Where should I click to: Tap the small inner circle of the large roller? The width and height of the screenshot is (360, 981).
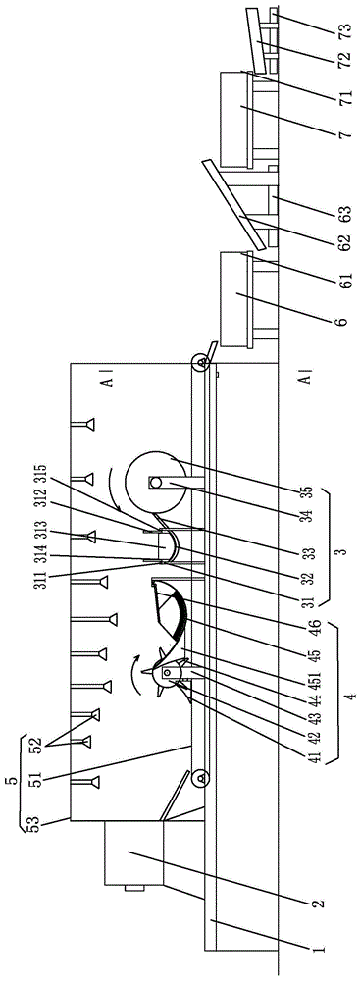pyautogui.click(x=156, y=482)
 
